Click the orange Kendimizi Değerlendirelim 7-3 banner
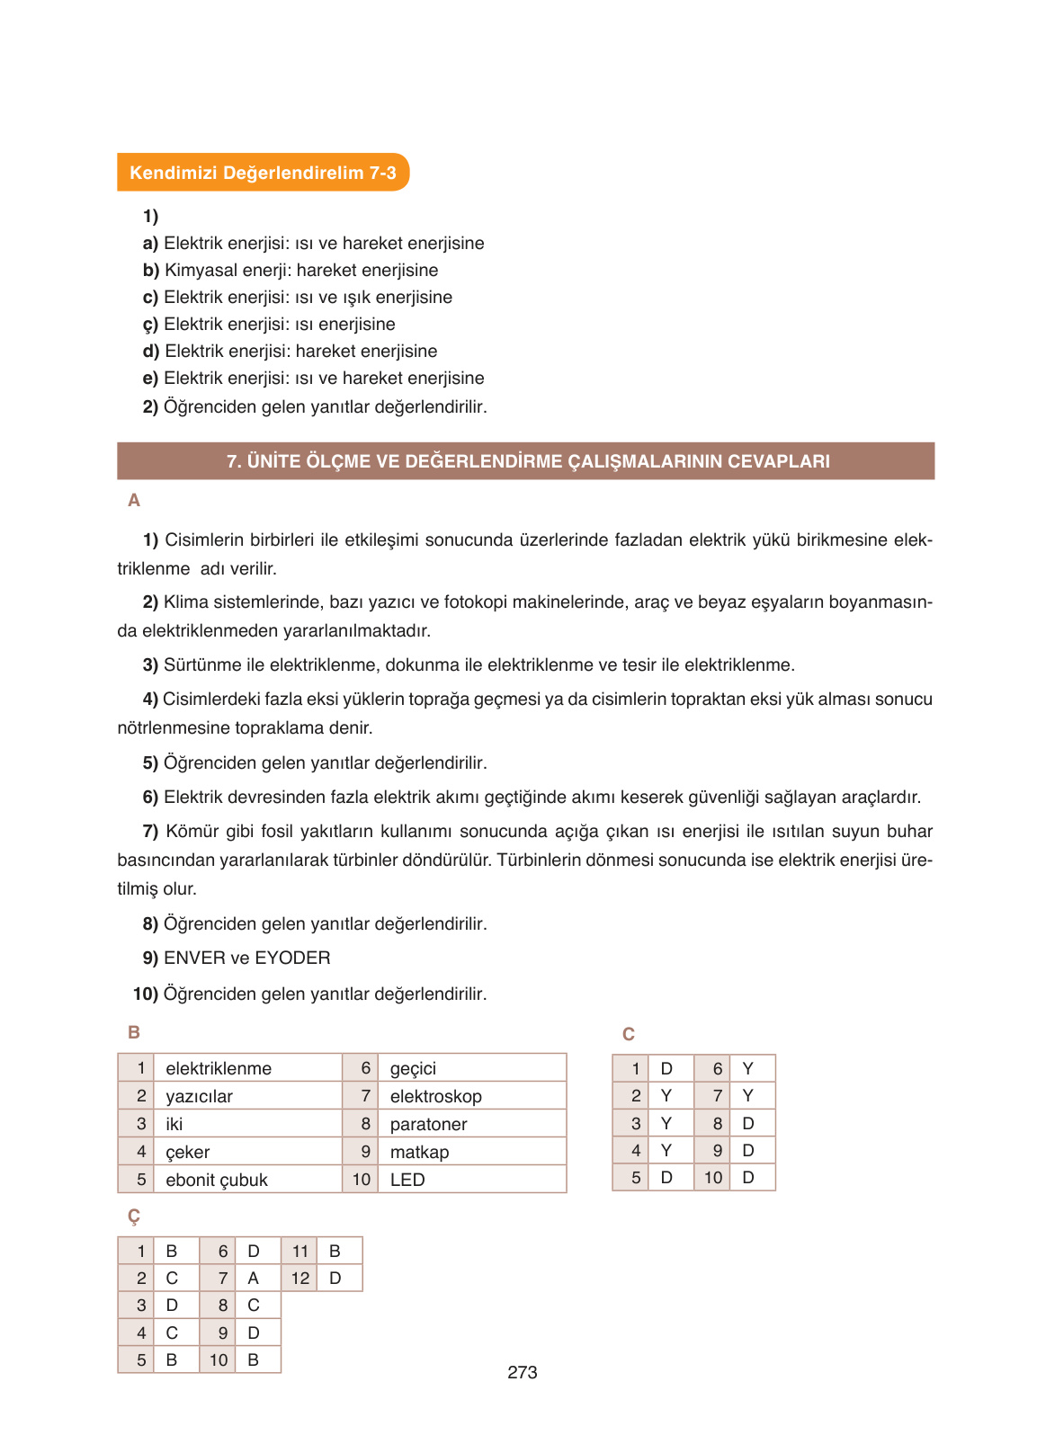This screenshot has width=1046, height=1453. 263,173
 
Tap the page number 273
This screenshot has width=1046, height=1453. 522,1372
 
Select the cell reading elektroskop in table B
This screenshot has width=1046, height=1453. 435,1096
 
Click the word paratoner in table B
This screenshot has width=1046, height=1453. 428,1124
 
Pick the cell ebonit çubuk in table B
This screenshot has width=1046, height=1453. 217,1180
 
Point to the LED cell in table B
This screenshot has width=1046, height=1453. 407,1180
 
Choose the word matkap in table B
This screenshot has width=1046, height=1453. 419,1152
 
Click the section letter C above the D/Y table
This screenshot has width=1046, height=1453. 628,1034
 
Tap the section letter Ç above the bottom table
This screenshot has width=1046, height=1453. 134,1217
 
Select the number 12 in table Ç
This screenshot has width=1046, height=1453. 299,1278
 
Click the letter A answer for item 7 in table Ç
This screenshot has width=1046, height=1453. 253,1278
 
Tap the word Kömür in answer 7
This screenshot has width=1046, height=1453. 189,831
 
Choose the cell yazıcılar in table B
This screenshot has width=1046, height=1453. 199,1096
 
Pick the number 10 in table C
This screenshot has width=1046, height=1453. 712,1177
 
